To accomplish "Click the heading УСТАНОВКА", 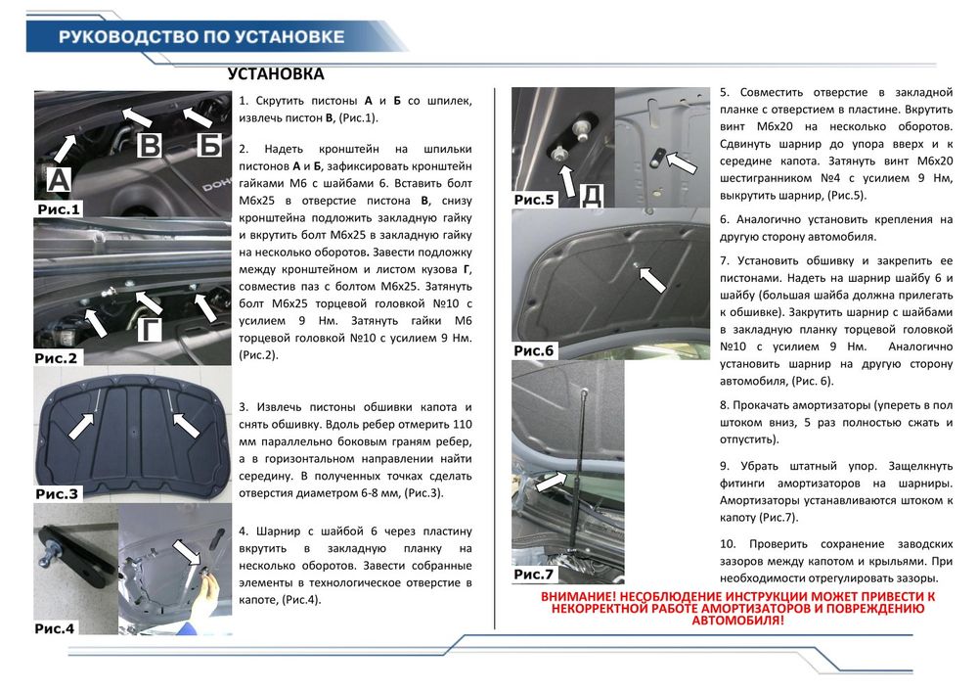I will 276,74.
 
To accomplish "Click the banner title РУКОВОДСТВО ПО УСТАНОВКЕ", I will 201,37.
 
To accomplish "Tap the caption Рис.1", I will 58,208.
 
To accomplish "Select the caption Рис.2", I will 56,358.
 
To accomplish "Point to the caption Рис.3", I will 57,494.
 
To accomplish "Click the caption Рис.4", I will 55,628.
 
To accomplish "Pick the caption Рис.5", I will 534,200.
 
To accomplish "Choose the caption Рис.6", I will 534,350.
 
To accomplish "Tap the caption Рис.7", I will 534,575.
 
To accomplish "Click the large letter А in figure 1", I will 59,178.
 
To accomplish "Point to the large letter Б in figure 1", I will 208,146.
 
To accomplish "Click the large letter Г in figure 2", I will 149,331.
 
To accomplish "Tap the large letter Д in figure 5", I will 591,196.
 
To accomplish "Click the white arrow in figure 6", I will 652,279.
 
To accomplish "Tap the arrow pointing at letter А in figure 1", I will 66,146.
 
